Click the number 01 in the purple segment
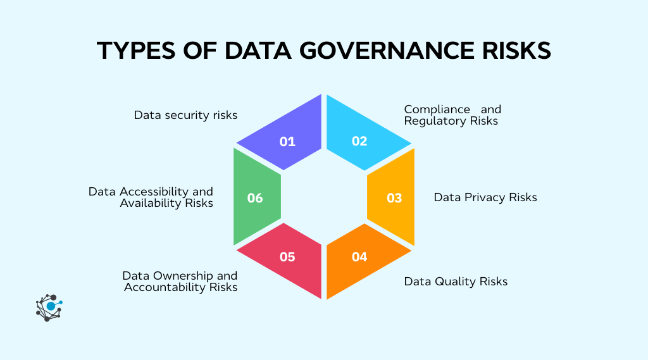coord(287,141)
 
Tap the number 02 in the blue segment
coord(359,141)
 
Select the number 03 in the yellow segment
coord(394,198)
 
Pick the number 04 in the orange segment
coord(359,257)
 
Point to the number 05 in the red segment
coord(287,257)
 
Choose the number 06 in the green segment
coord(255,198)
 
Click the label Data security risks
coord(185,115)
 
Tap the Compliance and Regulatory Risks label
coord(452,115)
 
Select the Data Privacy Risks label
coord(485,197)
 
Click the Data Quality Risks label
coord(456,281)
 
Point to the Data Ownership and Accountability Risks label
coord(180,282)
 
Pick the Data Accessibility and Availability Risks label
coord(151,197)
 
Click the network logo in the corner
coord(49,307)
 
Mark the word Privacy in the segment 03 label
coord(485,197)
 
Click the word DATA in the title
coord(261,51)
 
